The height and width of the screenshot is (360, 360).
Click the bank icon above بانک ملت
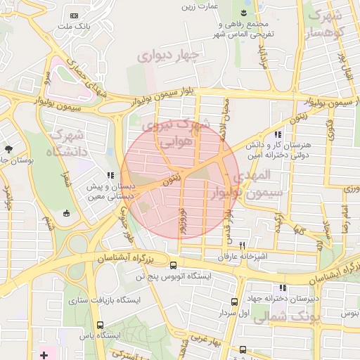point(75,15)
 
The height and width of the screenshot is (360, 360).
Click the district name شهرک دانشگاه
point(67,143)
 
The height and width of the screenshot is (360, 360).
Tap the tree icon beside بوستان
point(8,149)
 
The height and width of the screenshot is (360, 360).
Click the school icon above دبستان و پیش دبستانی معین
point(110,176)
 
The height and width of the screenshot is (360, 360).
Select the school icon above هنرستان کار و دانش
point(278,134)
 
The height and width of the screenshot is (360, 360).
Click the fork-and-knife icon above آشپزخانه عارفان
point(243,246)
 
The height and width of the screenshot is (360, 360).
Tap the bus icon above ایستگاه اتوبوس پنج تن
point(174,265)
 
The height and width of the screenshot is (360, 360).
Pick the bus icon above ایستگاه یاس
point(101,325)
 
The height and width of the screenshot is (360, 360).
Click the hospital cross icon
point(44,355)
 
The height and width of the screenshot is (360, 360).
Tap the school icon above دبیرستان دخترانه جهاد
point(283,287)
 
